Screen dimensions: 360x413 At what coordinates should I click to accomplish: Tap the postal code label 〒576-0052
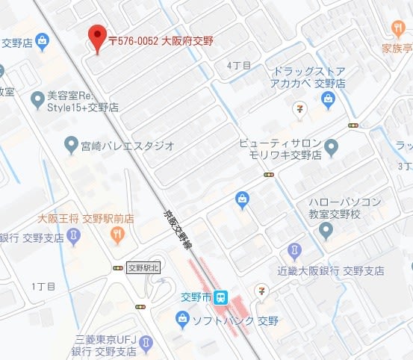[134, 40]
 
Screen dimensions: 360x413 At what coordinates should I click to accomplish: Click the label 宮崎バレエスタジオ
[127, 145]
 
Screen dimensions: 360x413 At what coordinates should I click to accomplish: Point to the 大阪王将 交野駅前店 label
[86, 219]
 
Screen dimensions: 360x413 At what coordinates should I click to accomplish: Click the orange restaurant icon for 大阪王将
[117, 235]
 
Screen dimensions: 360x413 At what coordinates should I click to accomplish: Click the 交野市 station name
[197, 297]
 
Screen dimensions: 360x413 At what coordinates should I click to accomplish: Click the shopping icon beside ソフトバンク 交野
[182, 320]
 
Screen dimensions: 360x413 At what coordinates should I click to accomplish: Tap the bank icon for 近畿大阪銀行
[295, 249]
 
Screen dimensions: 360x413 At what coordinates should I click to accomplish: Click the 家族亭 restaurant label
[397, 49]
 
